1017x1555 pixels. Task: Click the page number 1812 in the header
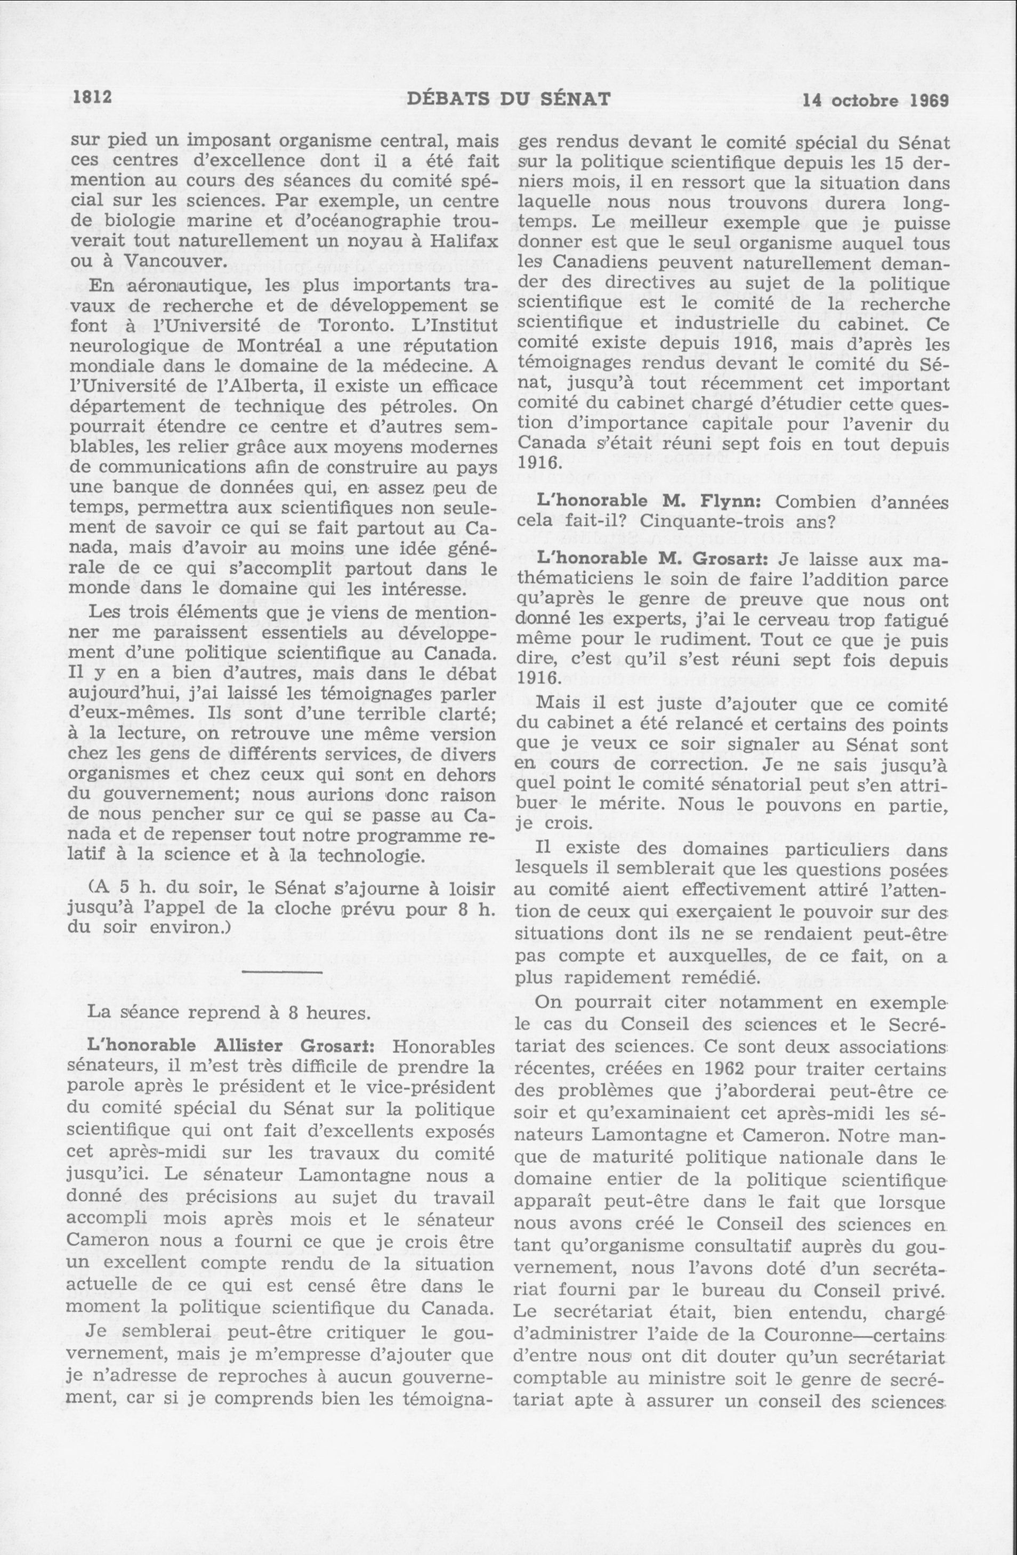click(90, 99)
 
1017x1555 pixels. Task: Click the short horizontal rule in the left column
click(282, 974)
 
